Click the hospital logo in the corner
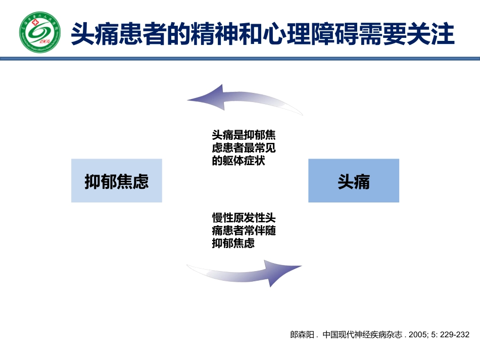tap(39, 32)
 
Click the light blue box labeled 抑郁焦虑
tap(117, 181)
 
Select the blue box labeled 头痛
tap(354, 181)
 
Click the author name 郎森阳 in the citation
tap(301, 334)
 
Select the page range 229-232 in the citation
tap(455, 334)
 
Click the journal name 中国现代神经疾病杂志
tap(361, 334)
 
